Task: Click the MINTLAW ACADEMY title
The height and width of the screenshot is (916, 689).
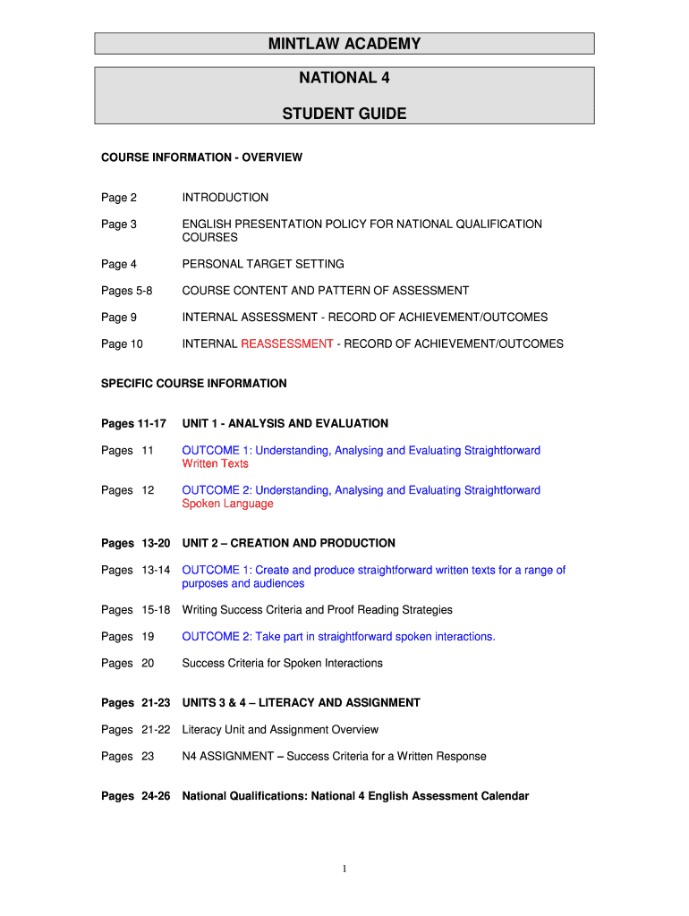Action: (344, 44)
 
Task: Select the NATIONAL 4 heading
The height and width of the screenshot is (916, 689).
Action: (344, 78)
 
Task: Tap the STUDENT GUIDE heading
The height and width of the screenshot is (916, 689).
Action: (344, 114)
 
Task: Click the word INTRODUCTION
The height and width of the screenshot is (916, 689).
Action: (225, 198)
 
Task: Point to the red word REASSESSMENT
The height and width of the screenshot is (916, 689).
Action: (287, 344)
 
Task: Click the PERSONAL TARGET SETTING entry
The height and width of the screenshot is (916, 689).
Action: (263, 264)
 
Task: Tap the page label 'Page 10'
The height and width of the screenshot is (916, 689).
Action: (122, 344)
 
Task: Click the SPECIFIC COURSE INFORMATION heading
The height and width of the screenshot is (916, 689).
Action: (194, 384)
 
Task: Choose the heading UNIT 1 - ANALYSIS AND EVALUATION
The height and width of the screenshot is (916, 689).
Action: (285, 423)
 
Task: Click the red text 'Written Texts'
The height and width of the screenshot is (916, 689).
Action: (216, 463)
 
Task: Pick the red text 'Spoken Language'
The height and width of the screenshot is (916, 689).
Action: (227, 504)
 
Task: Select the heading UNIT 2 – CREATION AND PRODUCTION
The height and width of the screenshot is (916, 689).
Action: (289, 543)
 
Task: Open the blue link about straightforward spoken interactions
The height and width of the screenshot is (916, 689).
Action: (339, 637)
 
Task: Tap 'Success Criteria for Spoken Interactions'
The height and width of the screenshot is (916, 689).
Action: (283, 664)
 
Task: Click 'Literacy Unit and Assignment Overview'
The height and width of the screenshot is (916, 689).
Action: (280, 730)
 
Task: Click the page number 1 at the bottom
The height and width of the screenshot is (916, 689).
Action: (344, 869)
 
